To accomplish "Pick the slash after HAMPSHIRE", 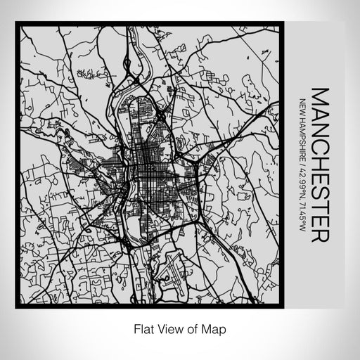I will pyautogui.click(x=302, y=160).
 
